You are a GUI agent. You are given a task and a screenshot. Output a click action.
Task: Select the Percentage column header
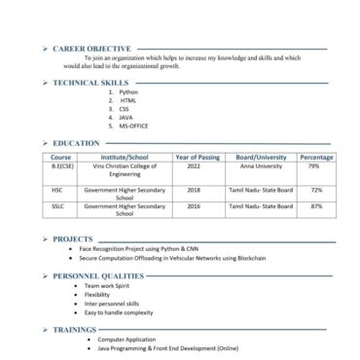click(316, 157)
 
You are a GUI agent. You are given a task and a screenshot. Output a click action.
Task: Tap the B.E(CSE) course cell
click(61, 165)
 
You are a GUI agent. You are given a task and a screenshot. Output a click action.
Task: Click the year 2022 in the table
click(194, 165)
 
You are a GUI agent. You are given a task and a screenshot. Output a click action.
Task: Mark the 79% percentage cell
click(314, 165)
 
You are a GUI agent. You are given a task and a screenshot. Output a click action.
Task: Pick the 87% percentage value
click(316, 206)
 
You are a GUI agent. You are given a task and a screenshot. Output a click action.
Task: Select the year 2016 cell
click(194, 206)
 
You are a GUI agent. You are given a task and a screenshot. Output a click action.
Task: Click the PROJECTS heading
click(74, 238)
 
